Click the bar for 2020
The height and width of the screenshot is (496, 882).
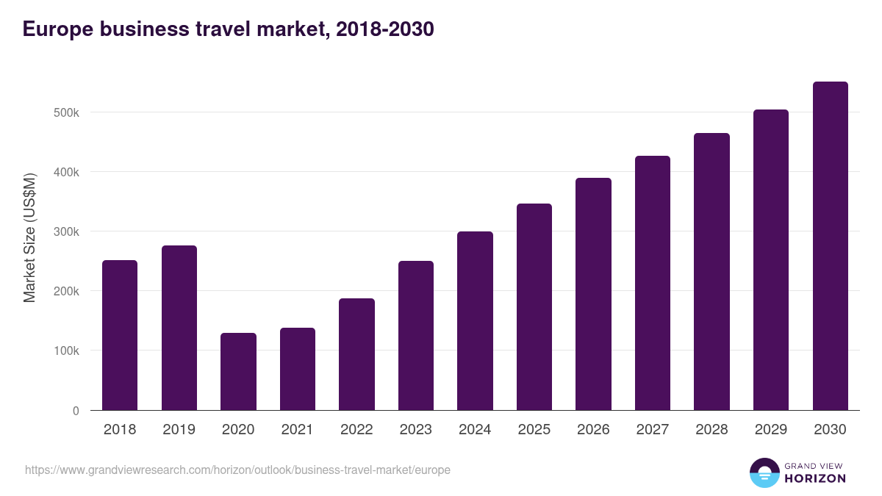point(238,371)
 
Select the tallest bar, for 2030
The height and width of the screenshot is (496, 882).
point(830,246)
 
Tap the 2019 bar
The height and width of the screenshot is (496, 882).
point(179,328)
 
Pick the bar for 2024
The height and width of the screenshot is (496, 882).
point(475,320)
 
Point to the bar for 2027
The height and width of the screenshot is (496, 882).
point(653,283)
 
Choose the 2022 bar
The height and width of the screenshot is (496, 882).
point(356,354)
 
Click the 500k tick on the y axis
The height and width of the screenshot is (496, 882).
point(65,112)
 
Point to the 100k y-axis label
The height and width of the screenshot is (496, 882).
point(65,351)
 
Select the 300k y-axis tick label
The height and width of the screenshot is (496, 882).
point(65,231)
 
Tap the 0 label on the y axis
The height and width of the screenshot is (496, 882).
point(75,411)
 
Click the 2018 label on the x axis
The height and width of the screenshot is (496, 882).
point(120,430)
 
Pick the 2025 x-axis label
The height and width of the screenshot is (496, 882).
point(534,430)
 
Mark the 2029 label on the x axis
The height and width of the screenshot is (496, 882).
point(771,430)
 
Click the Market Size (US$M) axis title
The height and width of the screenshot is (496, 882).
point(29,237)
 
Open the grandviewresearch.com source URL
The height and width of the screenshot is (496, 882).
point(237,470)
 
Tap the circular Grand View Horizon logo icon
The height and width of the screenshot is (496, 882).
point(764,472)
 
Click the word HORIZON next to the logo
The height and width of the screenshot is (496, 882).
point(815,478)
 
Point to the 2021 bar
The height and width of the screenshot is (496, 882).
point(298,369)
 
